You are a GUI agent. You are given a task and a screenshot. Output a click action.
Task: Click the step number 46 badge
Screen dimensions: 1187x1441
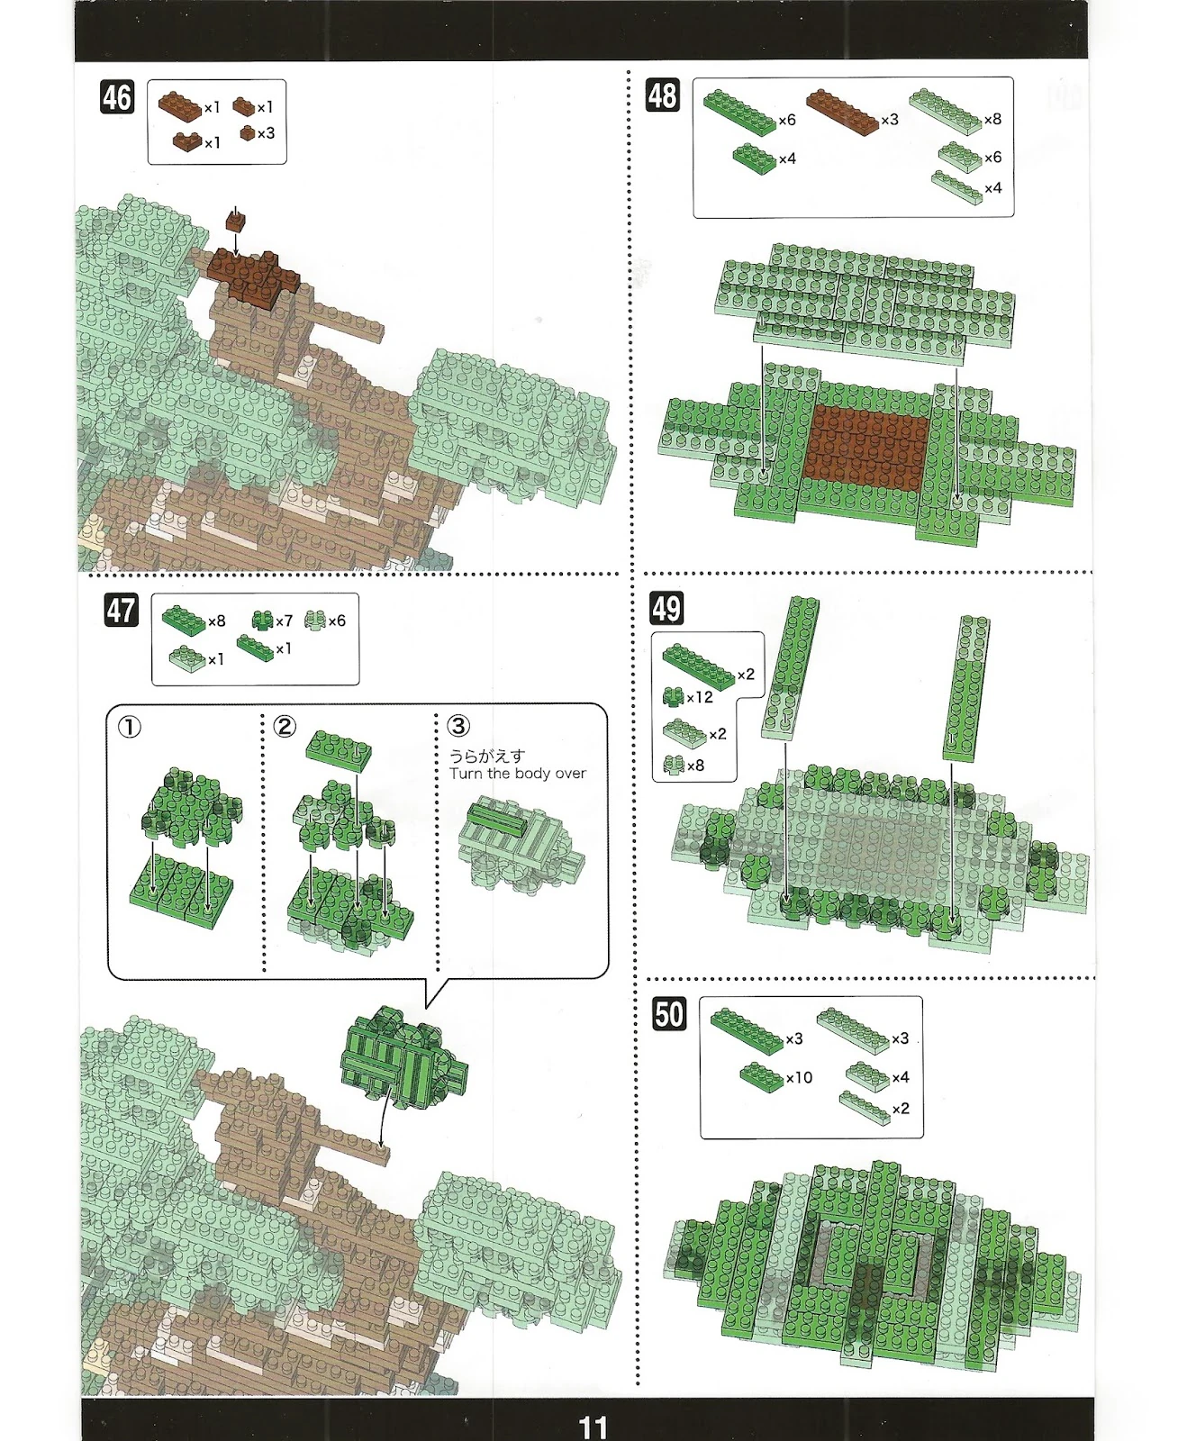point(117,97)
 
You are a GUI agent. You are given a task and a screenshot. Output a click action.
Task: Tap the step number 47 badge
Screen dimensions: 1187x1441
point(121,610)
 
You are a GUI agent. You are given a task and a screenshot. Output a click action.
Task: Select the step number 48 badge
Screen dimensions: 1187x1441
point(662,95)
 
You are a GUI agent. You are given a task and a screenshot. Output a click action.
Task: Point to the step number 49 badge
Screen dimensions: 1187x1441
point(666,608)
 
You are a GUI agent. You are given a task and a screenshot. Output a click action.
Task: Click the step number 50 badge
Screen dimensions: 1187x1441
point(669,1013)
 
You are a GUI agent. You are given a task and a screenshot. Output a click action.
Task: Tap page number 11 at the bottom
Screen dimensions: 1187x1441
point(593,1427)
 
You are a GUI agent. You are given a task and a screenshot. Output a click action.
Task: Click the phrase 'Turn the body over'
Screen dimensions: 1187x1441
point(518,773)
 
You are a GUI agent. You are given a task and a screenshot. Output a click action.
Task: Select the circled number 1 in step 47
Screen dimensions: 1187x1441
point(130,727)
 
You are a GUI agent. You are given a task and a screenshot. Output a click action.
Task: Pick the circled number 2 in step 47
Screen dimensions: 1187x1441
point(285,726)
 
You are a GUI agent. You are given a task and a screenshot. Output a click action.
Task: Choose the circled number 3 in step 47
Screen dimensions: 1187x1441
point(458,725)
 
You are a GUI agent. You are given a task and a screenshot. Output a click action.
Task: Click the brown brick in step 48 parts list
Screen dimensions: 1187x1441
point(842,112)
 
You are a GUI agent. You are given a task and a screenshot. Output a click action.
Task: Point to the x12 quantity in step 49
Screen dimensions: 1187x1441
point(700,697)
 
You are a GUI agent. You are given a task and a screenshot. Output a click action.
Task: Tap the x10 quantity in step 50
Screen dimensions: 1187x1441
point(799,1077)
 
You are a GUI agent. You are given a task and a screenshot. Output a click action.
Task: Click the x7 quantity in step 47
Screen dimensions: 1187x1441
point(284,621)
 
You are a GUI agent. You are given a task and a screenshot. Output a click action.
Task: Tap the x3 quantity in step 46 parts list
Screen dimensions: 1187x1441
point(266,133)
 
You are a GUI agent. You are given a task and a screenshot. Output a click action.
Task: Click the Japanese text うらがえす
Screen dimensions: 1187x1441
point(486,756)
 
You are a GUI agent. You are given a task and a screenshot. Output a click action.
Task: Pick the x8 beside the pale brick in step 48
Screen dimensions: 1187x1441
point(992,119)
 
